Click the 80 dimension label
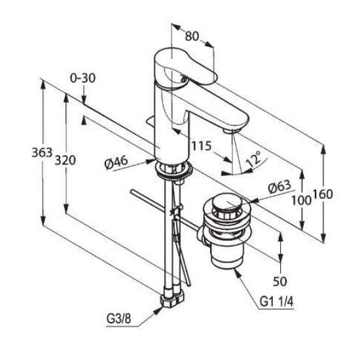192,36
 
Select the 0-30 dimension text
82,78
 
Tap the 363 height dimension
42,153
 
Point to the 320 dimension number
65,160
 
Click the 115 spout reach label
202,146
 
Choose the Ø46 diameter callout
116,162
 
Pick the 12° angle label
254,158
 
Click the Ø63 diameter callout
279,187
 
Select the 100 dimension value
302,201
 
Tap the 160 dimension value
323,194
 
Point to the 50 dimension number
280,281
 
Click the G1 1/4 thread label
276,302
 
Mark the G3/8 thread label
118,319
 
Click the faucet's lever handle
185,67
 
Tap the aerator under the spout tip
231,131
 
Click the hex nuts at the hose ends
173,299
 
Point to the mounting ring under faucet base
174,170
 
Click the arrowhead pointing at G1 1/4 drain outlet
237,272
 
